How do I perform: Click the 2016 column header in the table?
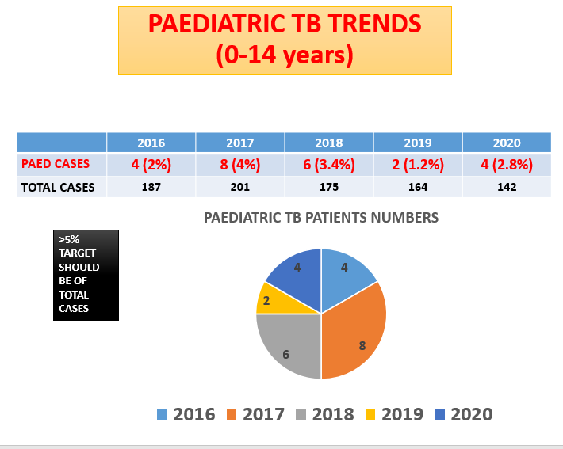pyautogui.click(x=151, y=143)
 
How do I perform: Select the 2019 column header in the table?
pyautogui.click(x=418, y=143)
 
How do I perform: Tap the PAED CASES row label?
pyautogui.click(x=56, y=164)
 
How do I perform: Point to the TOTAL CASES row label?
pyautogui.click(x=58, y=187)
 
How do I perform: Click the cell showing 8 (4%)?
pyautogui.click(x=239, y=165)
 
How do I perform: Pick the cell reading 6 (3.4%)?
pyautogui.click(x=328, y=165)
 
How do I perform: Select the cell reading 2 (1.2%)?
pyautogui.click(x=418, y=165)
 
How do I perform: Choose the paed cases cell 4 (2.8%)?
pyautogui.click(x=506, y=165)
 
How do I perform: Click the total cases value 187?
pyautogui.click(x=151, y=187)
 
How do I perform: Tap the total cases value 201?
pyautogui.click(x=239, y=187)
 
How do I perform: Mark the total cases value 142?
pyautogui.click(x=506, y=187)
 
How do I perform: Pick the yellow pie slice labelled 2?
pyautogui.click(x=270, y=299)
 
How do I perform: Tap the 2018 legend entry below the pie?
pyautogui.click(x=324, y=414)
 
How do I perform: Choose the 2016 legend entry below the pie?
pyautogui.click(x=186, y=414)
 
